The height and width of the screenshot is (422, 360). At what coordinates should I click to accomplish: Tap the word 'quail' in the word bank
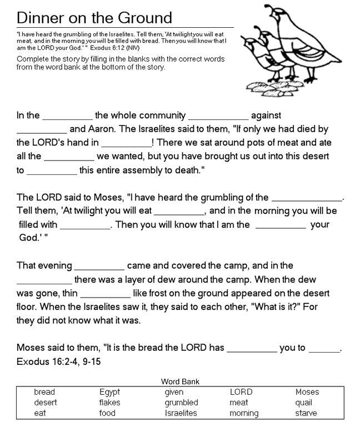tap(304, 403)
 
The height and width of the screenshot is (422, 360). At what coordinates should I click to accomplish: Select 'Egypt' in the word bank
tap(109, 392)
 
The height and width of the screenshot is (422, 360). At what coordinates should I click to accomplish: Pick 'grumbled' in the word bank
tap(181, 403)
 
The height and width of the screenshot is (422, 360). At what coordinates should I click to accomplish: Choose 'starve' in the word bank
tap(306, 413)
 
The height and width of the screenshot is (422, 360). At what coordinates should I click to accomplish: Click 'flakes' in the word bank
tap(109, 403)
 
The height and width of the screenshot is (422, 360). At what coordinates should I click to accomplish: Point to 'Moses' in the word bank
tap(307, 392)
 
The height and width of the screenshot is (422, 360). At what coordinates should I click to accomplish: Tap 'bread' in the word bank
tap(44, 392)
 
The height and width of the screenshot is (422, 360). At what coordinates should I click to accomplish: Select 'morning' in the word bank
tap(244, 413)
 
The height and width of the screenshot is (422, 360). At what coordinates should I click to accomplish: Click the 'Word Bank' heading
tap(180, 381)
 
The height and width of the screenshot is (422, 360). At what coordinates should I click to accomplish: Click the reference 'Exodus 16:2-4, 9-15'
tap(59, 361)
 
